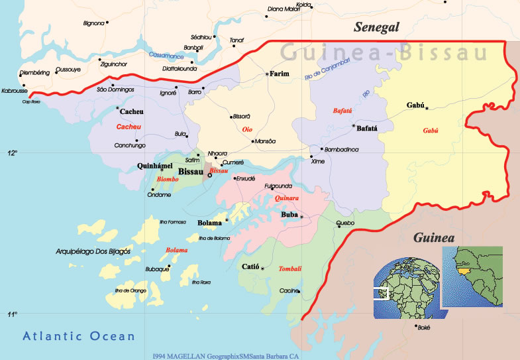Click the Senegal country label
pyautogui.click(x=377, y=27)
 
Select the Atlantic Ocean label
pyautogui.click(x=79, y=336)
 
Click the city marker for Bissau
pyautogui.click(x=210, y=176)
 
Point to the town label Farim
pyautogui.click(x=281, y=74)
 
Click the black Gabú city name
pyautogui.click(x=415, y=105)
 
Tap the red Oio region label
pyautogui.click(x=248, y=129)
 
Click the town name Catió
pyautogui.click(x=248, y=267)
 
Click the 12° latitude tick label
pyautogui.click(x=12, y=153)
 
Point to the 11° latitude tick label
pyautogui.click(x=12, y=314)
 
